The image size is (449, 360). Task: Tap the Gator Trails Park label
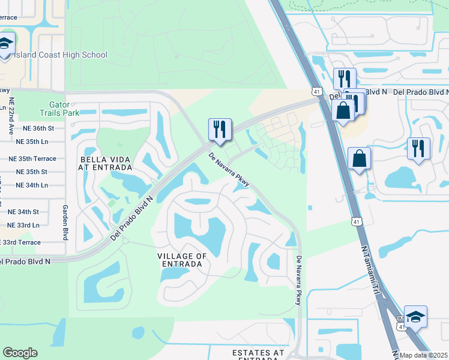coord(59,108)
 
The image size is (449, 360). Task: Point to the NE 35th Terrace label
coord(32,159)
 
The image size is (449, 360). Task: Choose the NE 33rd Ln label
coord(23,225)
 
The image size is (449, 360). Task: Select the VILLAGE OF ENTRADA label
coord(182,260)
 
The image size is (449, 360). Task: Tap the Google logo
coord(20,353)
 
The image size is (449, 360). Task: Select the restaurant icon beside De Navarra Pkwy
coord(218,129)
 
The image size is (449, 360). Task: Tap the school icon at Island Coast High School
coord(6,44)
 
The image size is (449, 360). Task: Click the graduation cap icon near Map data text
coord(415,316)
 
